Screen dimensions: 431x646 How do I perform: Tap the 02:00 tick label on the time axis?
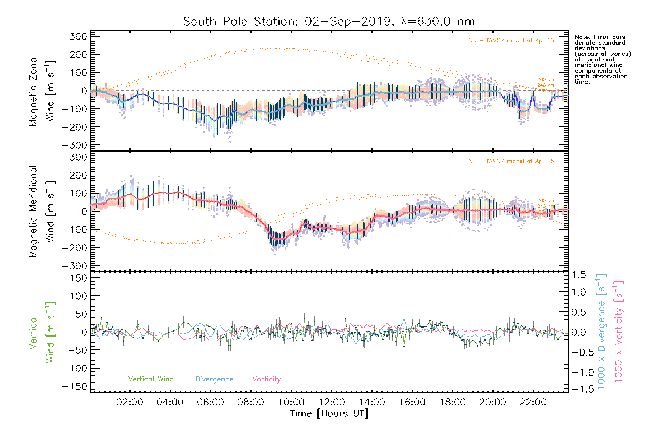point(130,402)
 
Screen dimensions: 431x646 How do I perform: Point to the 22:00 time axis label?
point(533,402)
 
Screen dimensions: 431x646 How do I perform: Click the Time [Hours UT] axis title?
point(329,413)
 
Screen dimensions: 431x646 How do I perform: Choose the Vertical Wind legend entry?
point(151,379)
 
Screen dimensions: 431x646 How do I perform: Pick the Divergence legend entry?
point(214,379)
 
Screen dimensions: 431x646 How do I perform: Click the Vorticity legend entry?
point(266,379)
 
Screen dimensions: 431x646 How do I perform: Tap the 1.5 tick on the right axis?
point(579,275)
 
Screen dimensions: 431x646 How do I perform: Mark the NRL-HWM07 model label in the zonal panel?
point(511,41)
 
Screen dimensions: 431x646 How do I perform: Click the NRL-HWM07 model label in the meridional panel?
point(511,161)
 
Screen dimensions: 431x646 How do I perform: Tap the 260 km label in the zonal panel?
point(546,80)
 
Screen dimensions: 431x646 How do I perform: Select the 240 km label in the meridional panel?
point(546,206)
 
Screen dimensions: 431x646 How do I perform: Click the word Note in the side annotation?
point(582,37)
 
